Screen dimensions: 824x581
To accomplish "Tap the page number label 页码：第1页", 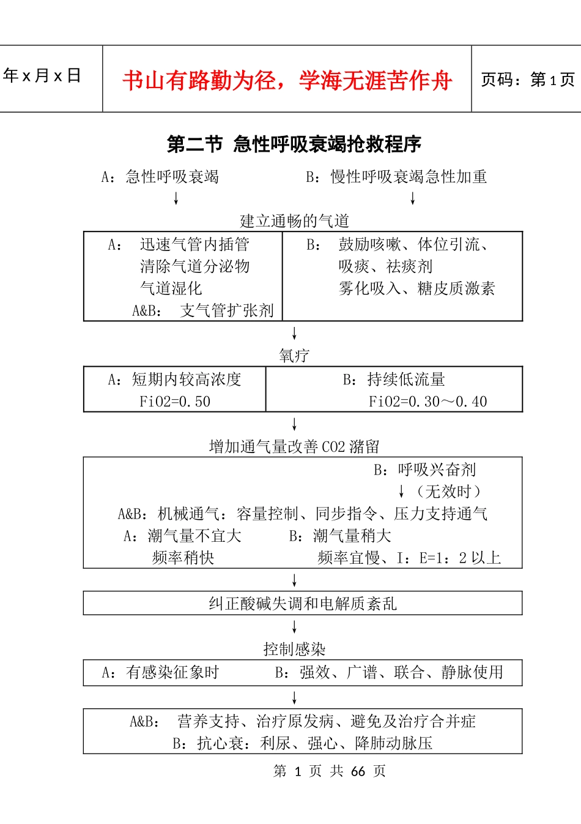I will pos(527,80).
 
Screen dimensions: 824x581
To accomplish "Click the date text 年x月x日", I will pos(42,76).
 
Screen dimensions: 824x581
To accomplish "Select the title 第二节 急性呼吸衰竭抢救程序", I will pos(294,144).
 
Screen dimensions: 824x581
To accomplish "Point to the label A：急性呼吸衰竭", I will pos(160,177).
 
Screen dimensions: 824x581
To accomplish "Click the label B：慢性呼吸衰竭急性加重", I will pos(396,177).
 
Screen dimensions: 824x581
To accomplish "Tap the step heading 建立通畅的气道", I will pos(294,220).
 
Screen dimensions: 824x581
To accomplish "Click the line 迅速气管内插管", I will pos(194,245).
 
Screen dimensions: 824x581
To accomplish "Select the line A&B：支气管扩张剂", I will pos(203,310).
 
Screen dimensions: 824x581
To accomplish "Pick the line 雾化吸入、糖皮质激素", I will pos(416,288).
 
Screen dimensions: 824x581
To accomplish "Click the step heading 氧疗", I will pos(294,356).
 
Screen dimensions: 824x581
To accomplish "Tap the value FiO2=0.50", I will pos(175,402).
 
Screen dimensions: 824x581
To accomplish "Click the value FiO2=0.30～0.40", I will pos(427,402).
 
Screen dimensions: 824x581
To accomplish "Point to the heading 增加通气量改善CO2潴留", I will pos(294,447).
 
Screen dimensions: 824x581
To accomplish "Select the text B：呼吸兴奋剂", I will pos(425,470).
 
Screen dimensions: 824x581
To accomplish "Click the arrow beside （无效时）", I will pos(401,492).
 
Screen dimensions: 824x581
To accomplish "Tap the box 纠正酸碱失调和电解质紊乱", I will pos(303,604).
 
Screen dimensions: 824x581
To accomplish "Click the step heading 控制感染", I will pos(294,649).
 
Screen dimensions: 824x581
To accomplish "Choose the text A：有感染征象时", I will pos(160,673).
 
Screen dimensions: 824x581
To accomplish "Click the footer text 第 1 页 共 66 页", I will pos(329,771).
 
